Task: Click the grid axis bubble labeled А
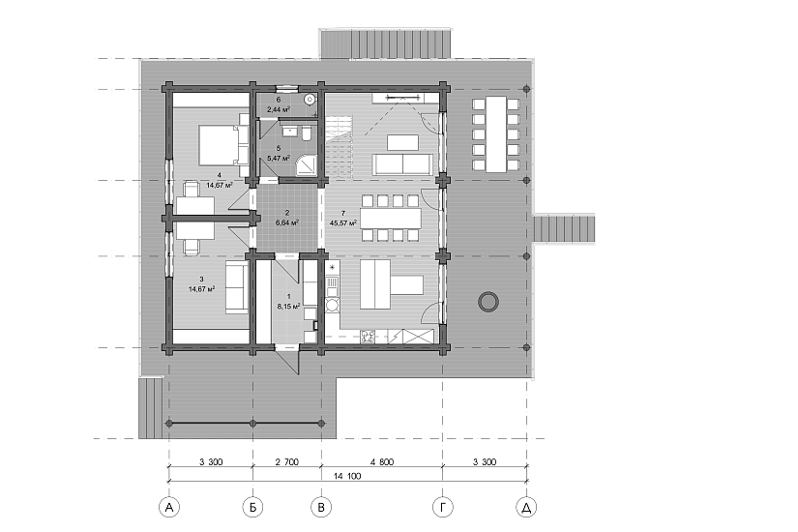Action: pos(169,507)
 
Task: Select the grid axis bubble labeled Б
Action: pos(252,507)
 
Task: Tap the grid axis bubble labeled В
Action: pos(321,507)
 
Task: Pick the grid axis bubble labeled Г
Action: pos(443,507)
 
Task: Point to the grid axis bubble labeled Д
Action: pos(527,507)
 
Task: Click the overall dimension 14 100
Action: pos(347,476)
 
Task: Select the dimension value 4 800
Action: pos(382,462)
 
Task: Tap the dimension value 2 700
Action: pos(287,462)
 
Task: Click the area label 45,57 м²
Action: pos(343,223)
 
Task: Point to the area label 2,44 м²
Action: pos(279,109)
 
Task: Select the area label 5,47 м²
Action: pos(279,159)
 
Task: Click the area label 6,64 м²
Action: pos(287,222)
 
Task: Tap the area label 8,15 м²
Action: pos(288,307)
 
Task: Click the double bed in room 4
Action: pos(219,145)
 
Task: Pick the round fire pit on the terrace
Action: pos(488,302)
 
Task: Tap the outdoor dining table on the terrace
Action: pos(496,134)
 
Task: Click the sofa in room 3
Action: pos(237,287)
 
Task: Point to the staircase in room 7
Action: pos(339,147)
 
